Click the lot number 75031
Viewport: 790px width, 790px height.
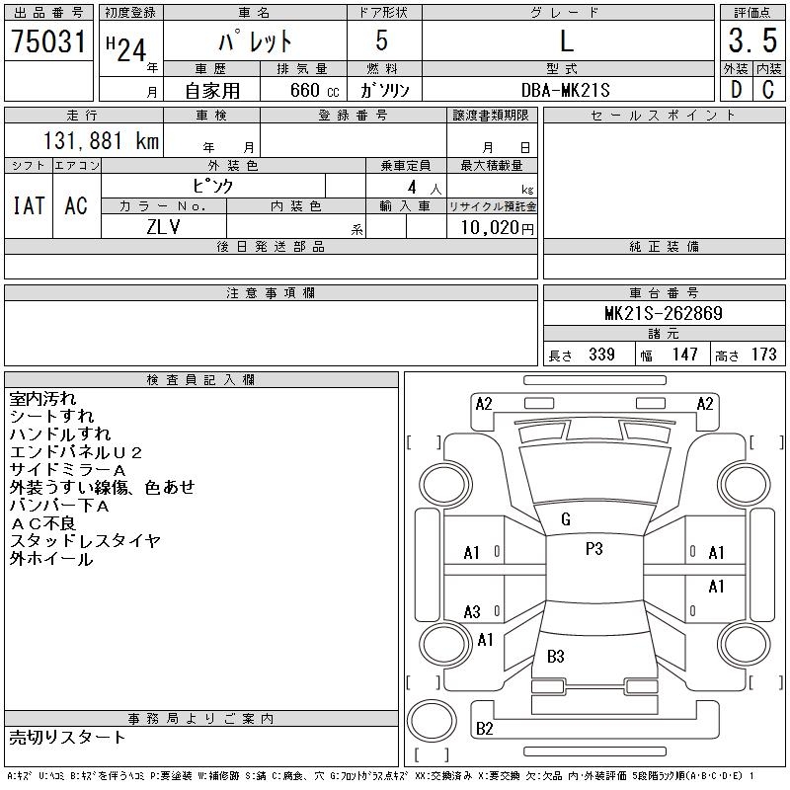coord(48,41)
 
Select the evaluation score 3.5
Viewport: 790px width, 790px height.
coord(752,41)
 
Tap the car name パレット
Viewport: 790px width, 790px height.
coord(255,42)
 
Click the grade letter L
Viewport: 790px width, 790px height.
coord(567,41)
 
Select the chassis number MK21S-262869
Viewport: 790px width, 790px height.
coord(664,314)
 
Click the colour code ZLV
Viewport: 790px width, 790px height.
coord(163,226)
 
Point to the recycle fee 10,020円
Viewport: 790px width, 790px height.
coord(491,227)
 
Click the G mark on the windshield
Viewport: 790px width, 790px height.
coord(565,519)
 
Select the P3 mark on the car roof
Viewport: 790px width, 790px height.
coord(593,550)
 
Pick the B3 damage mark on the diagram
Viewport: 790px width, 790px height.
coord(555,656)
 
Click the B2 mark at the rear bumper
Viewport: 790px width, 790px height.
coord(484,729)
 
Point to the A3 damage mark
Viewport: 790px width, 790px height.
coord(472,612)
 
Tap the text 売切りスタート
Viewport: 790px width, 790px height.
coord(67,737)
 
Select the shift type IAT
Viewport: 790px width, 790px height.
coord(28,205)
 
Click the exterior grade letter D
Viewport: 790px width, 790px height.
coord(735,90)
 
